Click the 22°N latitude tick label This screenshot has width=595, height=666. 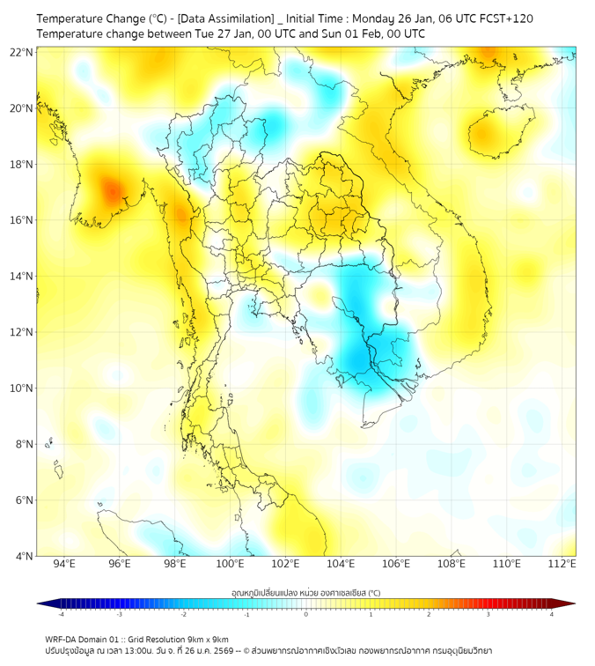[x=22, y=53]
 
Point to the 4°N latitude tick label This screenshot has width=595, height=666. [x=25, y=556]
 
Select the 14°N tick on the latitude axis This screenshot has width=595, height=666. [x=22, y=277]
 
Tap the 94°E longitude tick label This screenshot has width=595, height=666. [x=64, y=564]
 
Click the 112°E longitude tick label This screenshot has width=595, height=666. [x=562, y=564]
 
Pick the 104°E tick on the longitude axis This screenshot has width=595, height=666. [x=341, y=564]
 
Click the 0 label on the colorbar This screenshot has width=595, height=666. [x=306, y=614]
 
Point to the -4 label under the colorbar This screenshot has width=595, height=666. [x=60, y=614]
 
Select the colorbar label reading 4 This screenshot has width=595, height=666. [x=552, y=614]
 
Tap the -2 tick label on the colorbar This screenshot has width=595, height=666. [x=182, y=614]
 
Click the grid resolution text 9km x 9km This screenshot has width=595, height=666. [x=209, y=639]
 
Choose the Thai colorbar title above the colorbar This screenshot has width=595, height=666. [x=305, y=593]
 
